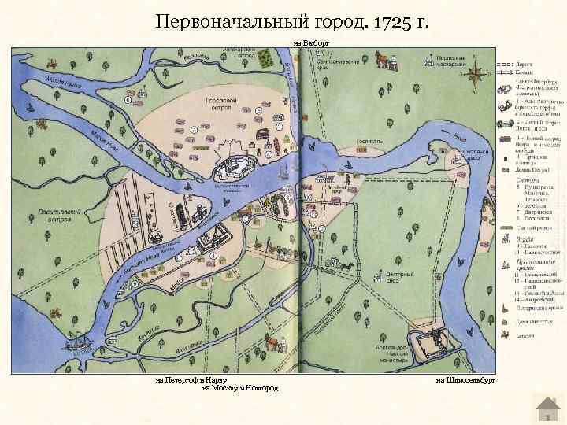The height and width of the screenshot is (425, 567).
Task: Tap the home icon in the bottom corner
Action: tap(546, 408)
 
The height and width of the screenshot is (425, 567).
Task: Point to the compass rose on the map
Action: tap(476, 76)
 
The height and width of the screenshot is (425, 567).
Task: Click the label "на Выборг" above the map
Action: tap(309, 43)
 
